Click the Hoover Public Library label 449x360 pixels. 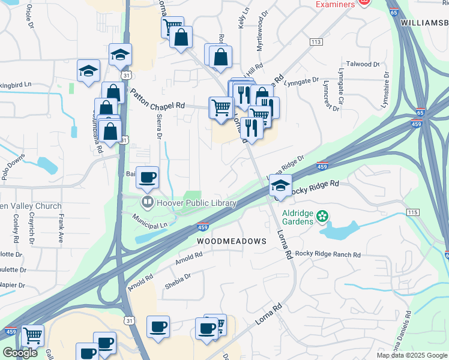point(196,203)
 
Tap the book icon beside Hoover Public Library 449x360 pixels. point(147,202)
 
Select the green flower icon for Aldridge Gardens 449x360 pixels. point(323,215)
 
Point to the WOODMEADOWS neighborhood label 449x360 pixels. point(232,241)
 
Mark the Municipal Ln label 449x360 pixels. point(150,221)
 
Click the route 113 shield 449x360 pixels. point(316,41)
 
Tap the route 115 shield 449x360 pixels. point(412,212)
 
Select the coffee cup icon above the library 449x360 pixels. point(148,176)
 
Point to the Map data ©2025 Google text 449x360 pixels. point(411,355)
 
